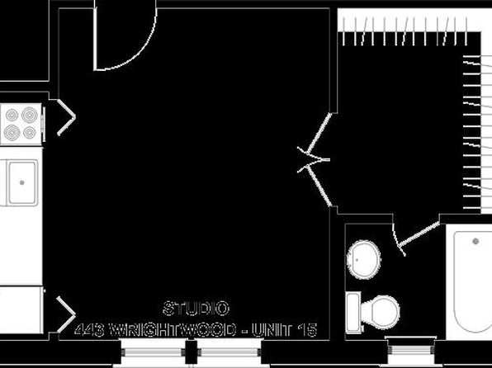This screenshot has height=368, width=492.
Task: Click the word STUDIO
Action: pyautogui.click(x=196, y=308)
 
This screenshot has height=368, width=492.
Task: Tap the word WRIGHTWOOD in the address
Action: pyautogui.click(x=173, y=330)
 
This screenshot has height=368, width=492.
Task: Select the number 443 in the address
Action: pyautogui.click(x=89, y=330)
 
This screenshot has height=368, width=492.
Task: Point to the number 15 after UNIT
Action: pyautogui.click(x=307, y=330)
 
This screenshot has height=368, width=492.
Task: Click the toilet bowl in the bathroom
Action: pyautogui.click(x=381, y=312)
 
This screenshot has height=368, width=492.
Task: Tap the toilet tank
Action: pyautogui.click(x=353, y=312)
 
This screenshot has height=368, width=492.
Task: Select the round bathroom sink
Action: pyautogui.click(x=364, y=260)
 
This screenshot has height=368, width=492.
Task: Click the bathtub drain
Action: pyautogui.click(x=475, y=241)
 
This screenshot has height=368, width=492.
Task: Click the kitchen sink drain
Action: pyautogui.click(x=21, y=182)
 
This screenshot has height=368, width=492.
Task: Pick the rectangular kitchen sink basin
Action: pyautogui.click(x=21, y=182)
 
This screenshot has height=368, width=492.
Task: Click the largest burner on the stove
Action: pyautogui.click(x=30, y=116)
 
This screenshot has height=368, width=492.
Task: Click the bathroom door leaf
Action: pyautogui.click(x=419, y=234)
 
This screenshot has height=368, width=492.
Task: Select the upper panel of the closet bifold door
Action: pyautogui.click(x=319, y=134)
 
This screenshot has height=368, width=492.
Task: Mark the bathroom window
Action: pyautogui.click(x=411, y=350)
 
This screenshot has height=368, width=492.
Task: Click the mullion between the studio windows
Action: pyautogui.click(x=191, y=352)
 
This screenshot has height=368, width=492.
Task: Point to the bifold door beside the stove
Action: pyautogui.click(x=66, y=117)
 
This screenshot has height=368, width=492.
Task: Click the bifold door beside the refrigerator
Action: pyautogui.click(x=66, y=314)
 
